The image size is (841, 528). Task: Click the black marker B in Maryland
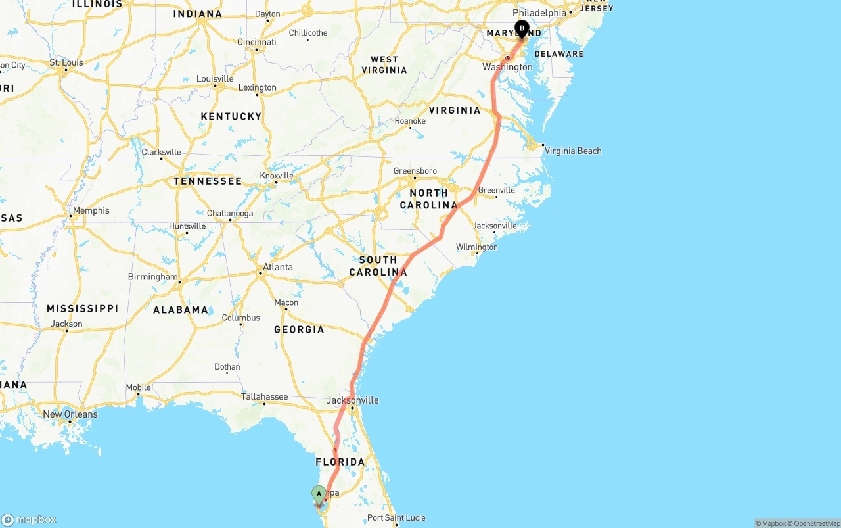(522, 29)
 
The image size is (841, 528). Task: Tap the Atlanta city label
(277, 267)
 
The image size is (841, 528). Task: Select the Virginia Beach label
(572, 151)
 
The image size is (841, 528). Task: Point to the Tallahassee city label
(264, 396)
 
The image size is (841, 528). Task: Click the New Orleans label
(70, 414)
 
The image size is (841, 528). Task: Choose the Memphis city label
(91, 210)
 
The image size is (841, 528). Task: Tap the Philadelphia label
(539, 12)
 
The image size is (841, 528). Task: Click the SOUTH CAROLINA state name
(378, 266)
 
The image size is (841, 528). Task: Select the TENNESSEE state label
(208, 181)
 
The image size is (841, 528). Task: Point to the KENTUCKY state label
(231, 116)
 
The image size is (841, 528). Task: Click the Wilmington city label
(477, 247)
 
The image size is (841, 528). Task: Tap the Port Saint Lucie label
(396, 517)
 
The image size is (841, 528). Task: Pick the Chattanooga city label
(229, 214)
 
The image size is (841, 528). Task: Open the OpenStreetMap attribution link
(815, 523)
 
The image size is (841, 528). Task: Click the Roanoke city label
(410, 121)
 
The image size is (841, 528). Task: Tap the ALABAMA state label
(180, 310)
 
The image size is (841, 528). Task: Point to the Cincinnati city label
(256, 42)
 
